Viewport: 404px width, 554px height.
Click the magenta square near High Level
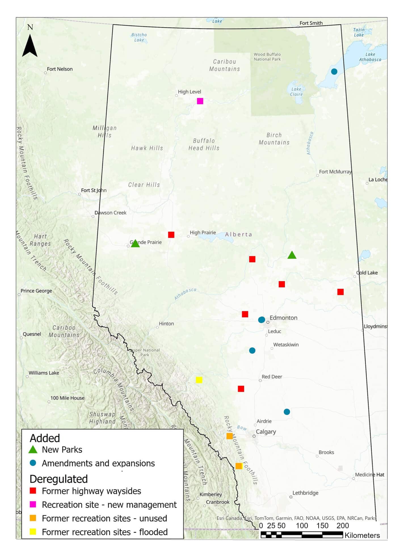[200, 101]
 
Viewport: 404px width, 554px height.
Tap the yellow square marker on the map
[199, 380]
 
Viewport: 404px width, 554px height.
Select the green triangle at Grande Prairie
[135, 244]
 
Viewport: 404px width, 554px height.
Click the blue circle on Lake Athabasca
[334, 72]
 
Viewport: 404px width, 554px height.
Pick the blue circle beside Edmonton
[262, 320]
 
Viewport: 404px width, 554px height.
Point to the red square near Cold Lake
[340, 292]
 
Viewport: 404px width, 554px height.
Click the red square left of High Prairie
[171, 235]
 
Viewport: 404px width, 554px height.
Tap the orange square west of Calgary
[230, 436]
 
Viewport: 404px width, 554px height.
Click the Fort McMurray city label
[335, 172]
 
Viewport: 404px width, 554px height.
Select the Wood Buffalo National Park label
[267, 57]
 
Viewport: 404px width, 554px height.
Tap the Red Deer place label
[272, 377]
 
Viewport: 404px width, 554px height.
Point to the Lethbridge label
[305, 493]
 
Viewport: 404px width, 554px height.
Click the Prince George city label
[36, 291]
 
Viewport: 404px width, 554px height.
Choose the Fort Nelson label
[60, 69]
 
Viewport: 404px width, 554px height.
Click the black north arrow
[30, 45]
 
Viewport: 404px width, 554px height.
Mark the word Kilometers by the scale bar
[362, 535]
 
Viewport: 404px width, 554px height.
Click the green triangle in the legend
[33, 450]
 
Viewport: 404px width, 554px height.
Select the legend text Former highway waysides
[91, 491]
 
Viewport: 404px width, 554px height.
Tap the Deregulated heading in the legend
[59, 479]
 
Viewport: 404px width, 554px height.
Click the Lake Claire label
[296, 92]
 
